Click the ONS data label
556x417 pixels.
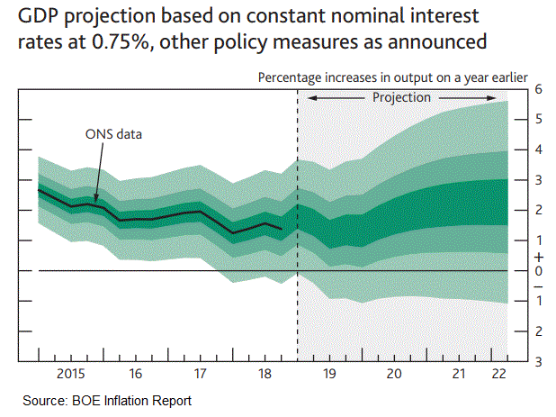[114, 134]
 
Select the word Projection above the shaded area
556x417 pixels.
[402, 96]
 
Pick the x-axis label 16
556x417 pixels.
[134, 372]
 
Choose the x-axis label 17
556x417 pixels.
[200, 372]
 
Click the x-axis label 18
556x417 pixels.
[265, 372]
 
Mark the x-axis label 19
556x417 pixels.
[330, 372]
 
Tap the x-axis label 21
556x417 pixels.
[460, 372]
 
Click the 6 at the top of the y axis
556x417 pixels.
[537, 88]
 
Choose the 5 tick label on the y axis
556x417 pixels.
[537, 119]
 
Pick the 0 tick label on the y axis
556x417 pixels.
[537, 271]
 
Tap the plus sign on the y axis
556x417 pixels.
[537, 256]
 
